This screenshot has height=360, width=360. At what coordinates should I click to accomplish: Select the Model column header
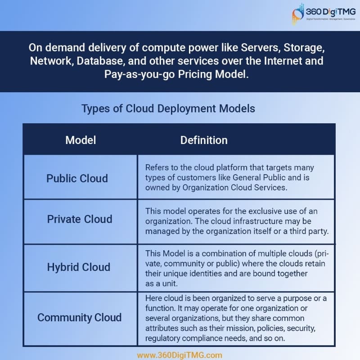point(81,140)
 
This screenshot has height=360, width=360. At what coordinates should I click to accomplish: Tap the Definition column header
point(204,140)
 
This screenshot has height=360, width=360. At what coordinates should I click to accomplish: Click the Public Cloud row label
point(77,178)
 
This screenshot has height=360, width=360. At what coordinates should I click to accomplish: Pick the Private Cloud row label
point(80,219)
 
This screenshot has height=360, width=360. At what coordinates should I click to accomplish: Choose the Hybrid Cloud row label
point(78,267)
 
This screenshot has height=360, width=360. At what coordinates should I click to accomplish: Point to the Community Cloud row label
point(79,317)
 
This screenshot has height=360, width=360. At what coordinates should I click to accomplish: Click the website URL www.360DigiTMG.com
point(180,355)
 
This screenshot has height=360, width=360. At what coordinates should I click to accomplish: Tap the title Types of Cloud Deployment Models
point(168,108)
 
